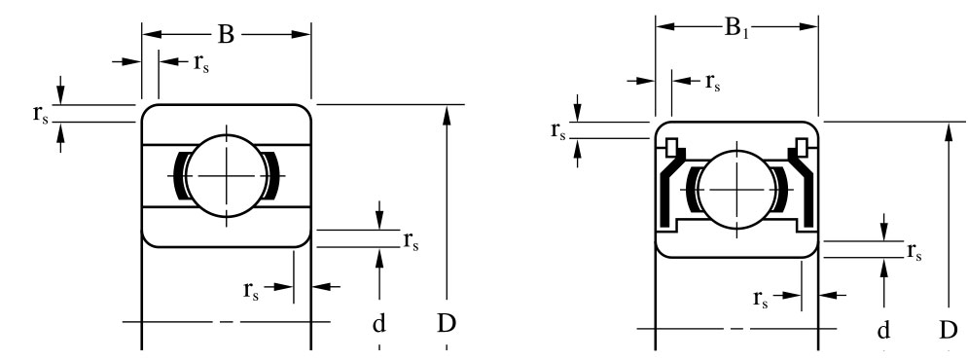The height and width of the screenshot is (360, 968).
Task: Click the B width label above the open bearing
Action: pyautogui.click(x=226, y=35)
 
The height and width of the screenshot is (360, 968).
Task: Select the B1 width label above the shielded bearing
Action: pyautogui.click(x=735, y=28)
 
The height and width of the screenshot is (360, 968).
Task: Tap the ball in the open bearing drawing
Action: pyautogui.click(x=228, y=176)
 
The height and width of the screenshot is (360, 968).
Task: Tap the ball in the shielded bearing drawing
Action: pyautogui.click(x=736, y=190)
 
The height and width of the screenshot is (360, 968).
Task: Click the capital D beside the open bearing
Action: pyautogui.click(x=447, y=323)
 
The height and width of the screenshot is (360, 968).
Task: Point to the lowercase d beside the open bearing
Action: pyautogui.click(x=379, y=323)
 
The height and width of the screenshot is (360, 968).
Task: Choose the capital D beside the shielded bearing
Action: pyautogui.click(x=949, y=331)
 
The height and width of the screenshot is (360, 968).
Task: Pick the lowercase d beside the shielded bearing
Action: pyautogui.click(x=883, y=331)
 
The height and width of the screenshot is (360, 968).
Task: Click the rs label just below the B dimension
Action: pyautogui.click(x=201, y=63)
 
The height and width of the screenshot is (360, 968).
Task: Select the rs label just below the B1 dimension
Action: pyautogui.click(x=713, y=82)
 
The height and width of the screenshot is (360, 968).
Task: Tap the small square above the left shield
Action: pyautogui.click(x=671, y=147)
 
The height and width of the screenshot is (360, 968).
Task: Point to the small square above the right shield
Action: pyautogui.click(x=802, y=147)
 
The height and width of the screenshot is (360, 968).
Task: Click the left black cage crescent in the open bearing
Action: pyautogui.click(x=180, y=176)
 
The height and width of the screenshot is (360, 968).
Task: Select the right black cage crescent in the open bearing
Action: pyautogui.click(x=272, y=176)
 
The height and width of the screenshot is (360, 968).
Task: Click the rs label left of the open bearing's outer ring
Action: pyautogui.click(x=41, y=114)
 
